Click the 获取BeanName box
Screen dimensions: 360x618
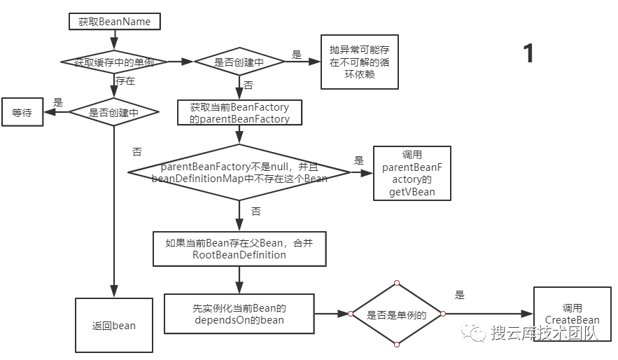tap(115, 22)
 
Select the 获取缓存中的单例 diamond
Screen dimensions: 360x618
tap(115, 62)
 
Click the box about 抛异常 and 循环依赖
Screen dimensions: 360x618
tap(360, 62)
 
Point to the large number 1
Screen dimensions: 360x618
tap(529, 54)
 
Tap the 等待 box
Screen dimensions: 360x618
tap(22, 112)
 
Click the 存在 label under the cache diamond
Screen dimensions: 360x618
tap(125, 81)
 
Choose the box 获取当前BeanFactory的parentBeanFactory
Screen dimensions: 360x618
tap(239, 113)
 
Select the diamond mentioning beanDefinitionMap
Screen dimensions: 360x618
tap(239, 172)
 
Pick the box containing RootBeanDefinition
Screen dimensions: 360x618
tap(239, 249)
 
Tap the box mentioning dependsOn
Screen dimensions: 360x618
tap(239, 314)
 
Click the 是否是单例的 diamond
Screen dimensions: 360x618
tap(397, 314)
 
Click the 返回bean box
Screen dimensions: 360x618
tap(115, 325)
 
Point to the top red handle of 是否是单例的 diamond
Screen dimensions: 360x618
tap(397, 284)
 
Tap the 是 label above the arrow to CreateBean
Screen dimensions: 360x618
tap(460, 295)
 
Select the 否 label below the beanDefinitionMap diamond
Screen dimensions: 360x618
tap(255, 211)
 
